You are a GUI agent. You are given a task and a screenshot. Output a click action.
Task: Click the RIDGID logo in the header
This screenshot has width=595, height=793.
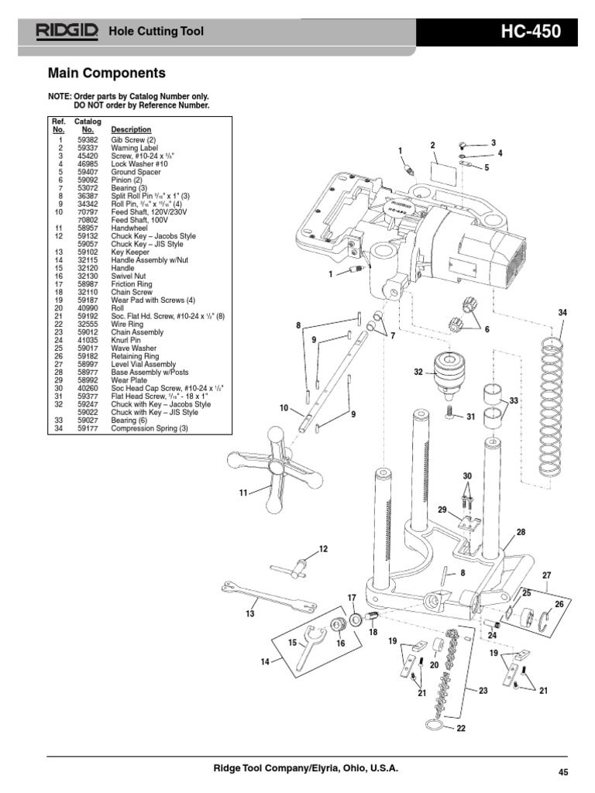[x=66, y=31]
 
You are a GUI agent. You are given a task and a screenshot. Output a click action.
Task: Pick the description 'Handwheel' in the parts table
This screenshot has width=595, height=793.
[x=129, y=228]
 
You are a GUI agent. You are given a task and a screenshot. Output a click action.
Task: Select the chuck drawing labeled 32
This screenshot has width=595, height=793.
[x=449, y=372]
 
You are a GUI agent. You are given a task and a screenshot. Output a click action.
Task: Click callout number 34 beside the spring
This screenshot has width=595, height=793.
[x=562, y=312]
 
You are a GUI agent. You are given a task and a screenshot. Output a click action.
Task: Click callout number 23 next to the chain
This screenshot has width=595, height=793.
[x=483, y=691]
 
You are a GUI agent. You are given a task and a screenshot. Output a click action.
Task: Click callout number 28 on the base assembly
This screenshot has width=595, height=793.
[x=521, y=532]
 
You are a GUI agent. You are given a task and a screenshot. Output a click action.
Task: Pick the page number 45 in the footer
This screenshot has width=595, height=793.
[x=563, y=771]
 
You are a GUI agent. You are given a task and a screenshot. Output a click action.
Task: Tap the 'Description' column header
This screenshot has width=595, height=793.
[x=131, y=129]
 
